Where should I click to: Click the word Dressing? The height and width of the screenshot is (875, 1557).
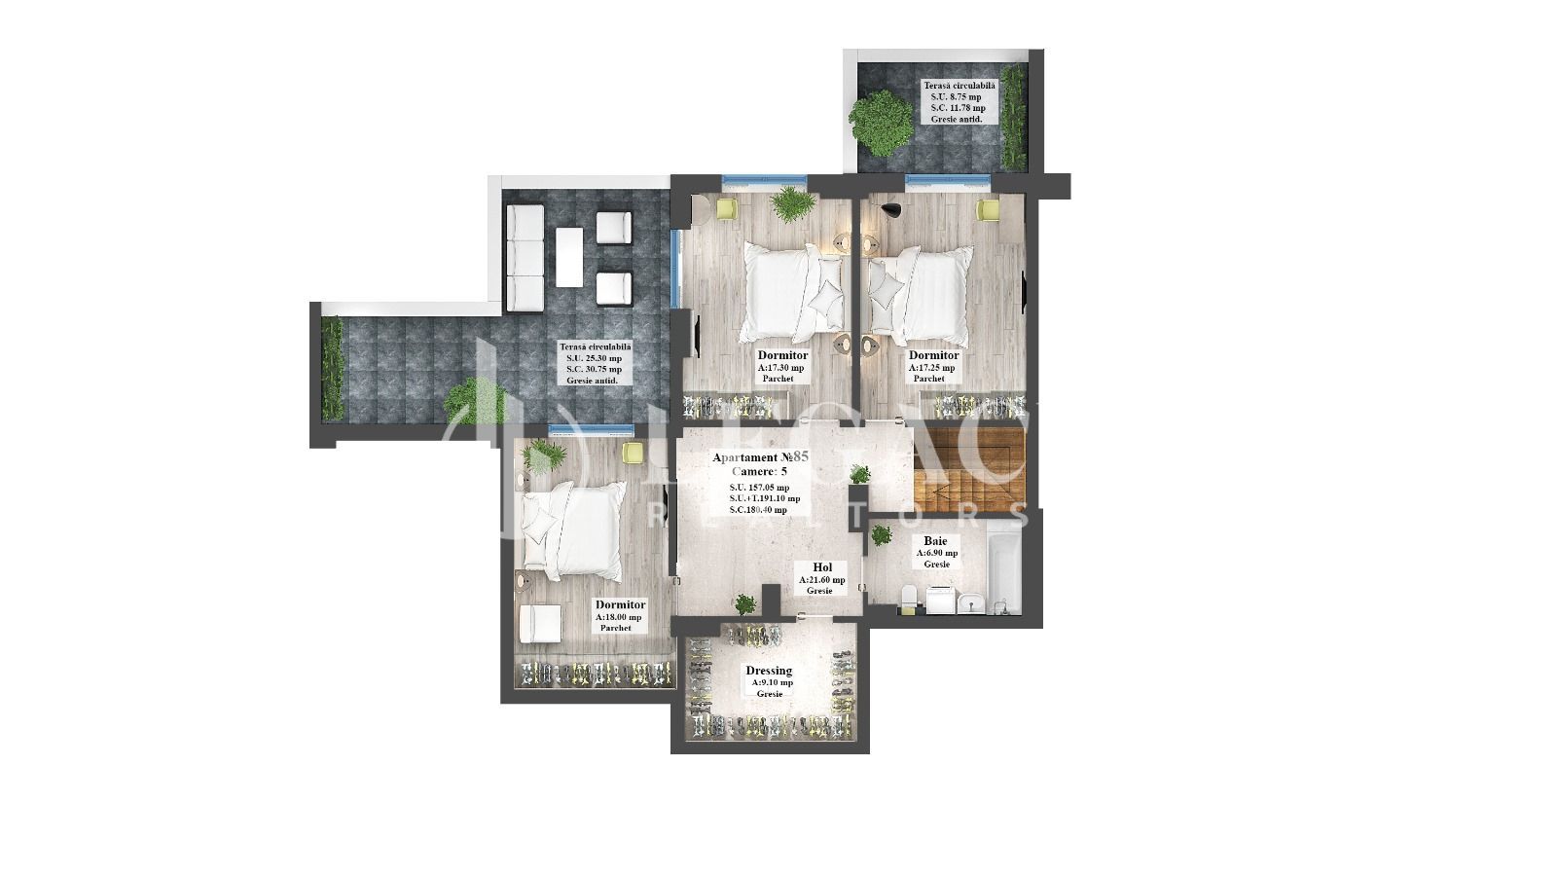[x=769, y=671]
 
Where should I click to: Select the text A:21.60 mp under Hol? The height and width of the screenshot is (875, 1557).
[x=822, y=579]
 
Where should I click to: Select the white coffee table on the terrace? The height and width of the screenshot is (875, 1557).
[x=569, y=257]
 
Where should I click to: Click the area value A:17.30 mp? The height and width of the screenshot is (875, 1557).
[x=780, y=368]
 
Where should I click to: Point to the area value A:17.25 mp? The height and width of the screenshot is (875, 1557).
[x=932, y=368]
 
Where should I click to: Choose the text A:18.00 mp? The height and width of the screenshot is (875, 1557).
[x=619, y=617]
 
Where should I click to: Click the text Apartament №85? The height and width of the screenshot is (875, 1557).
[x=761, y=456]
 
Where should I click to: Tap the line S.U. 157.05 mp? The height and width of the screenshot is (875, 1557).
[x=759, y=488]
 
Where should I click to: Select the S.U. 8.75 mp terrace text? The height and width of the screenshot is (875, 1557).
[x=956, y=97]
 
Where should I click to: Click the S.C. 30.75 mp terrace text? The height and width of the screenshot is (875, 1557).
[x=594, y=370]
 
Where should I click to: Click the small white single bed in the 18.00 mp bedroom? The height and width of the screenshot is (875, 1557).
[x=539, y=623]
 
